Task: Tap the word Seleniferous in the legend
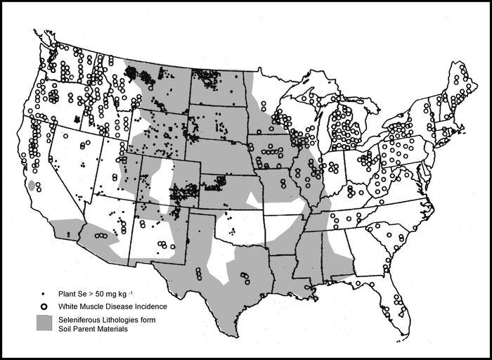tap(82, 320)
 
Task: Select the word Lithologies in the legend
tap(129, 320)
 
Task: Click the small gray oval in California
tap(31, 186)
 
